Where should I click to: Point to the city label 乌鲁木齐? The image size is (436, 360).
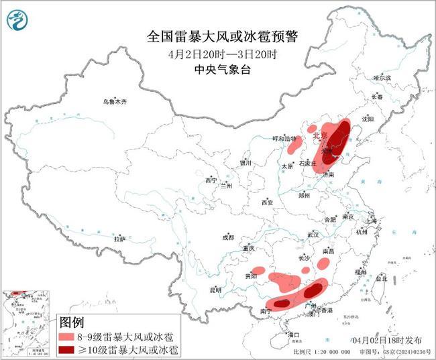pos(114,101)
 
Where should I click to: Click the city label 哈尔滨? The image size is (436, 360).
pos(382,78)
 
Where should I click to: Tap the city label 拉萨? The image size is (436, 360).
pos(120,239)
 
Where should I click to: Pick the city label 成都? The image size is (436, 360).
pos(228,237)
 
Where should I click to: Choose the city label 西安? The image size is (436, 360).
pos(268,202)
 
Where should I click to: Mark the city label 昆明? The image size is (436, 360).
pos(215,290)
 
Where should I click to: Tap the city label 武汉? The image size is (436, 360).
pos(313,235)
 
